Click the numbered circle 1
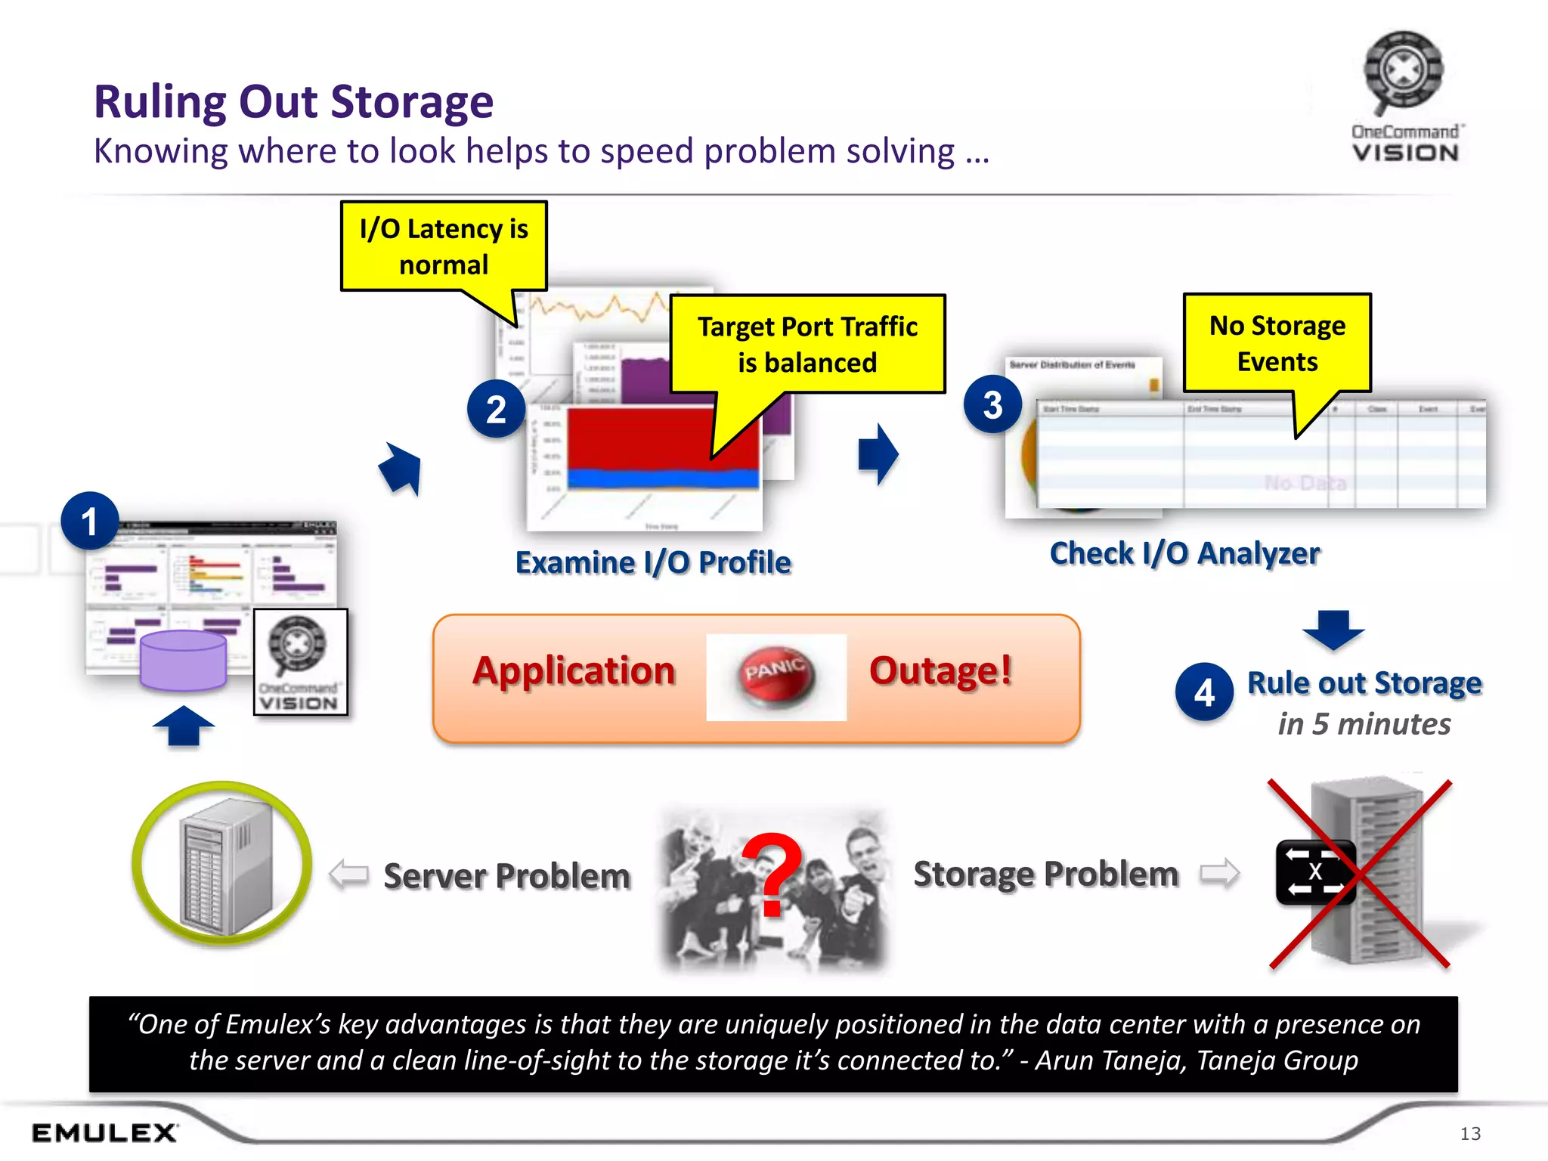click(x=90, y=522)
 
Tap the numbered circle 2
click(x=496, y=409)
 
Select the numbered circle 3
click(x=992, y=404)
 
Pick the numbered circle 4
click(x=1204, y=692)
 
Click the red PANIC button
click(x=776, y=674)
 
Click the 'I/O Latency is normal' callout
click(x=444, y=246)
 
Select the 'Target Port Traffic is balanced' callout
click(x=807, y=345)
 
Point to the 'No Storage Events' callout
click(x=1277, y=343)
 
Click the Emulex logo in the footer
click(x=104, y=1132)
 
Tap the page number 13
click(x=1469, y=1133)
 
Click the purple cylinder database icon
click(x=184, y=661)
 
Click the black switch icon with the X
click(x=1315, y=872)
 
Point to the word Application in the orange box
click(x=574, y=671)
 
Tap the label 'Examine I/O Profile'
click(x=653, y=562)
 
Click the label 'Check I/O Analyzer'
click(x=1184, y=553)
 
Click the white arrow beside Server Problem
click(x=349, y=875)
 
